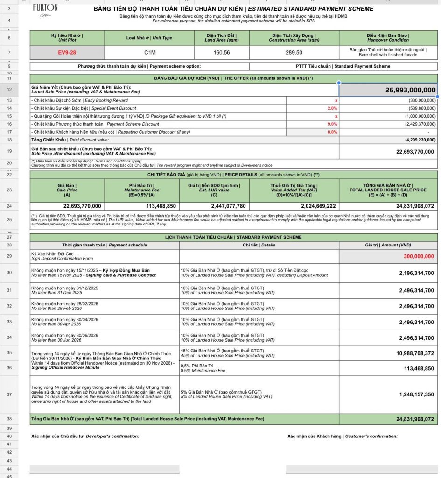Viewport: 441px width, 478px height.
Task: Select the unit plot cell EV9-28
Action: point(67,53)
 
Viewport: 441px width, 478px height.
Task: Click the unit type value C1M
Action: point(149,53)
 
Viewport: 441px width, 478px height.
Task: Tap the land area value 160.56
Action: point(222,53)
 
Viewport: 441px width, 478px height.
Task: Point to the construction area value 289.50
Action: point(294,53)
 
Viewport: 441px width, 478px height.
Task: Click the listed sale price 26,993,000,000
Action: point(411,90)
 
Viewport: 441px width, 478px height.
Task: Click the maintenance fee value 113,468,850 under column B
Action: point(161,206)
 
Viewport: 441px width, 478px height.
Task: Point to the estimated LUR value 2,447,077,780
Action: point(228,206)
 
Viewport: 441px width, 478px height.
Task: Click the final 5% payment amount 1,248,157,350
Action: point(416,394)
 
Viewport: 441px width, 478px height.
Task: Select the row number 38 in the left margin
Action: point(9,419)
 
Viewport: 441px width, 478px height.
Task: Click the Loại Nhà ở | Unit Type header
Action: point(149,38)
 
